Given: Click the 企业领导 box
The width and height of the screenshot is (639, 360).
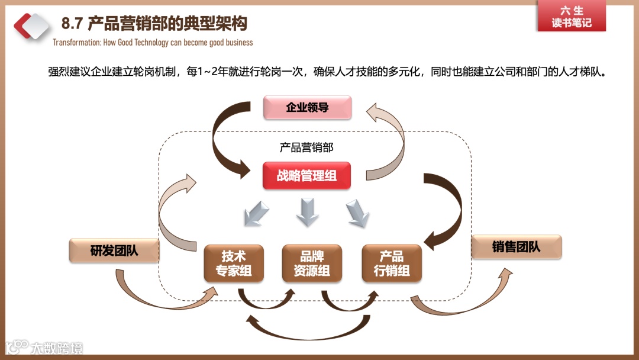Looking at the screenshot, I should [x=307, y=108].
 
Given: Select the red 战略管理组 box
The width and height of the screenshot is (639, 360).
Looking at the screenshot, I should [x=306, y=176].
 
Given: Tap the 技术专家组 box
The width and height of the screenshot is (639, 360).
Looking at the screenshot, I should [x=233, y=263].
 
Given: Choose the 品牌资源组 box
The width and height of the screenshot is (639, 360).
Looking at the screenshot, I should [x=312, y=263].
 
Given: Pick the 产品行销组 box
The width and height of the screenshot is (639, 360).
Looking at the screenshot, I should [x=392, y=263].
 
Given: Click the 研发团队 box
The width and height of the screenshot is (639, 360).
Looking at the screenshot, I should [x=114, y=250].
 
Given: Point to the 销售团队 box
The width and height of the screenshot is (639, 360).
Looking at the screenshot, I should [x=516, y=247].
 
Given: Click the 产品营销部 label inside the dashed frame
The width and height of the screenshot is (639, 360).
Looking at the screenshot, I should [x=306, y=147].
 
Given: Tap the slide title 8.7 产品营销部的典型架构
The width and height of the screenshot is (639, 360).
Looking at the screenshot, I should [x=154, y=24].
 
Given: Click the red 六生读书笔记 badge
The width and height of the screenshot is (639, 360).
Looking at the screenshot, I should [x=572, y=17].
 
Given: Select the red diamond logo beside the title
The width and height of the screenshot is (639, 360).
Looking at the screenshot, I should [x=32, y=25].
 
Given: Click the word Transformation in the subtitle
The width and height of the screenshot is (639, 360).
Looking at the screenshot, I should [x=75, y=43].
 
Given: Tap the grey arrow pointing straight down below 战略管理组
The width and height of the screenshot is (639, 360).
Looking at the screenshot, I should [x=307, y=212].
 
